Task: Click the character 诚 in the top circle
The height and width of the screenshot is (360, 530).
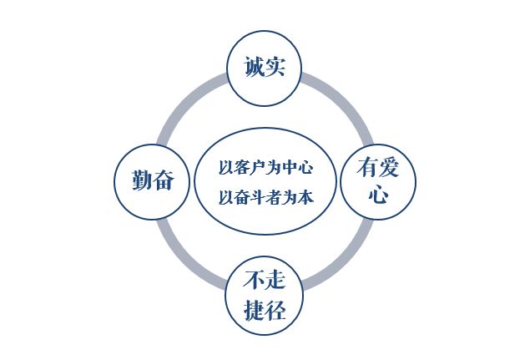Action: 254,68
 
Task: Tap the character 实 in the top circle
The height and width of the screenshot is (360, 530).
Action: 275,68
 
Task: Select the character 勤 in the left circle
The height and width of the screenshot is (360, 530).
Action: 140,180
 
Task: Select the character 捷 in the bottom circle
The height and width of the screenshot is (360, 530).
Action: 254,312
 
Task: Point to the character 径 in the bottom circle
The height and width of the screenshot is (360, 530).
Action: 275,312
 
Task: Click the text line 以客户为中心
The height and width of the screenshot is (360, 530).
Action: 265,167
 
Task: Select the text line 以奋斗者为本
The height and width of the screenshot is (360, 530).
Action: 265,197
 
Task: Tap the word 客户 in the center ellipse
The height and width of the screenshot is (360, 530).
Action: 244,167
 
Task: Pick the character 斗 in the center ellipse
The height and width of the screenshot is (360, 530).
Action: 259,197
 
